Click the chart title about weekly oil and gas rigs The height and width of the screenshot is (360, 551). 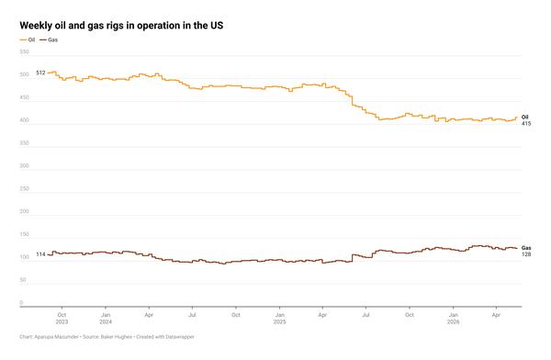(121, 26)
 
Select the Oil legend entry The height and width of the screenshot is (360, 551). (28, 40)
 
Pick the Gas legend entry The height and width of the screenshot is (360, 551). (49, 40)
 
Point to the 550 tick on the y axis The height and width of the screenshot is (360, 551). (24, 51)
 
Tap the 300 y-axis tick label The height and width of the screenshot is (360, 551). (24, 165)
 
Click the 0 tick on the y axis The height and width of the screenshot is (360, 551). (21, 302)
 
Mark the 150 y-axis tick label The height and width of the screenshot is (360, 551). (24, 234)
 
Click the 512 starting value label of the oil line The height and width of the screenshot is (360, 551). (40, 73)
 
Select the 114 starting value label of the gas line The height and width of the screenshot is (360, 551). (40, 254)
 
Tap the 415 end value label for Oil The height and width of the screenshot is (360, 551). (526, 123)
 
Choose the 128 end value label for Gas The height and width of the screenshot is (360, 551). (526, 254)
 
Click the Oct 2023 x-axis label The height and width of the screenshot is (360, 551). (62, 318)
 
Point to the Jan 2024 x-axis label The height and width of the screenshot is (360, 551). (106, 318)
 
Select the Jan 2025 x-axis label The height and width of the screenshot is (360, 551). (280, 318)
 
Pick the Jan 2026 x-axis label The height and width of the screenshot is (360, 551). (454, 318)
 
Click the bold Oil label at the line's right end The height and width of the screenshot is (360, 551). (525, 117)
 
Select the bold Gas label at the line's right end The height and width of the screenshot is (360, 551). (526, 248)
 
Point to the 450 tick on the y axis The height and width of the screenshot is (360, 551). (24, 97)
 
